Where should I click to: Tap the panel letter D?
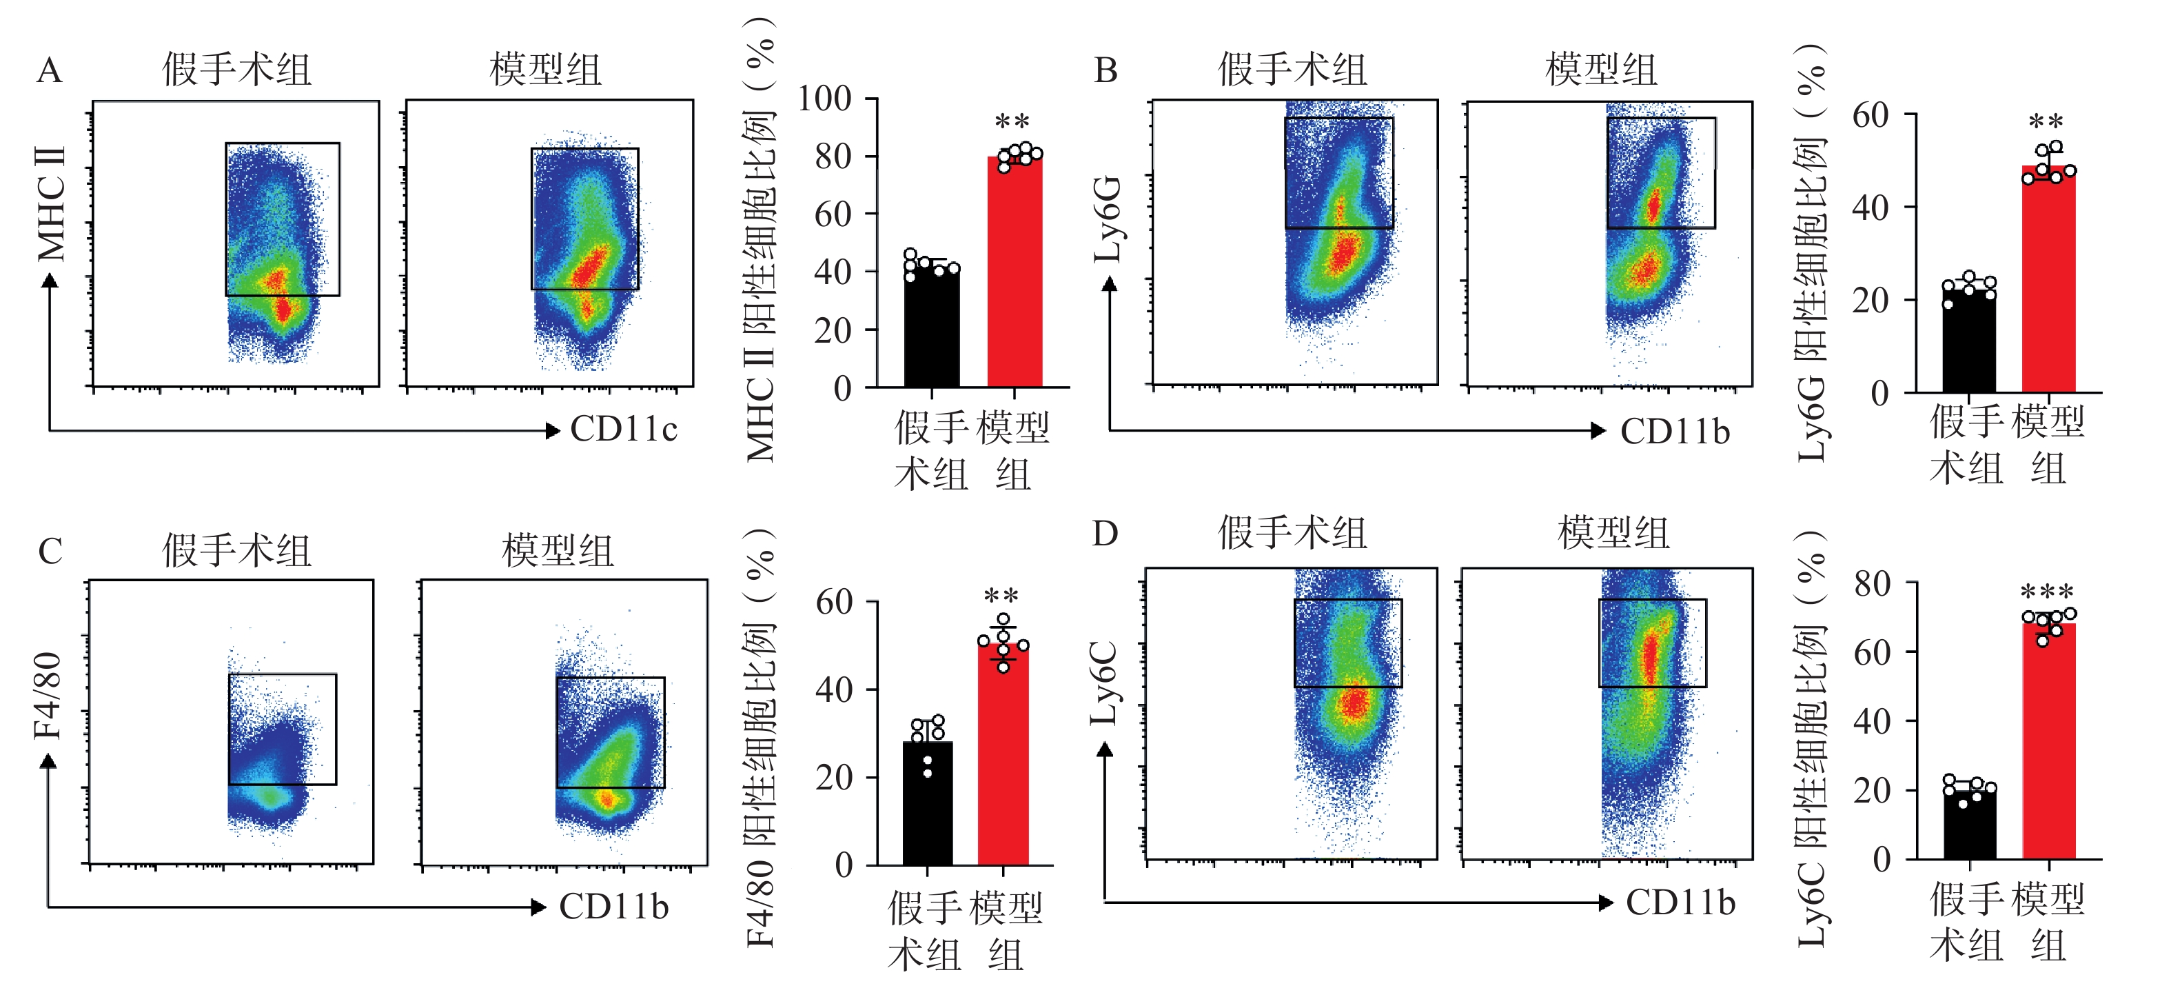coord(1105,534)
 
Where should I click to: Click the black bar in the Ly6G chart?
coord(1969,341)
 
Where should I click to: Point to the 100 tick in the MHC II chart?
coord(825,99)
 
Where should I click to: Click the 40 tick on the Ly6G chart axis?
coord(1870,208)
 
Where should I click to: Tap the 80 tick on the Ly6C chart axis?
coord(1872,583)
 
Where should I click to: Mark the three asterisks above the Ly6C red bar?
coord(2047,592)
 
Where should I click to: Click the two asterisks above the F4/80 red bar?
coord(1001,596)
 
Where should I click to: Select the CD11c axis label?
coord(624,429)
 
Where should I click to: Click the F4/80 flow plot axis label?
coord(48,695)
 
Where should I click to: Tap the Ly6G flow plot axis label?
coord(1108,219)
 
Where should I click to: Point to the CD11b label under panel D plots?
coord(1680,903)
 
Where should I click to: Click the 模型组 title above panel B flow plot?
coord(1601,69)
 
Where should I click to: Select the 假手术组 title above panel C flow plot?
coord(237,551)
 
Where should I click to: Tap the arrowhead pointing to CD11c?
coord(553,431)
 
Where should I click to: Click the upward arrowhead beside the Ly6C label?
coord(1105,749)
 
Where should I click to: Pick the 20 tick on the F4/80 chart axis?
coord(832,777)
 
